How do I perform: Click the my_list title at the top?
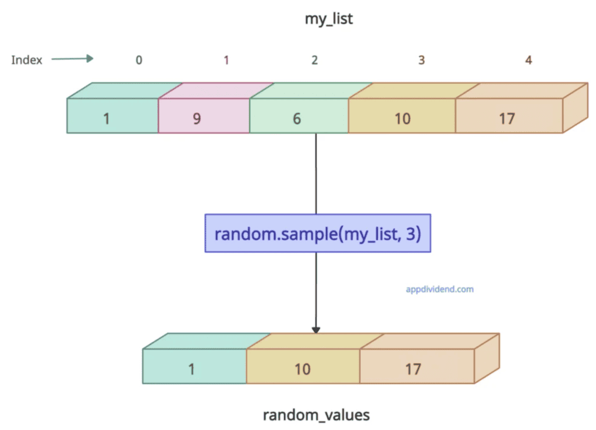pyautogui.click(x=329, y=19)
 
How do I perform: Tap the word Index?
pyautogui.click(x=27, y=60)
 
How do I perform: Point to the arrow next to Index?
pyautogui.click(x=72, y=58)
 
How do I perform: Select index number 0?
pyautogui.click(x=139, y=60)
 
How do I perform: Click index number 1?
pyautogui.click(x=226, y=60)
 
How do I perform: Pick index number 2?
pyautogui.click(x=314, y=60)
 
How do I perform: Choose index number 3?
pyautogui.click(x=421, y=60)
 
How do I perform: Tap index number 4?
pyautogui.click(x=528, y=60)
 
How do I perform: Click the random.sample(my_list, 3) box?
pyautogui.click(x=317, y=233)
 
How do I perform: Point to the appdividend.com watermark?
pyautogui.click(x=439, y=288)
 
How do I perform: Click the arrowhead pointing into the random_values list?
pyautogui.click(x=316, y=329)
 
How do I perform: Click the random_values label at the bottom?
pyautogui.click(x=316, y=415)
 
